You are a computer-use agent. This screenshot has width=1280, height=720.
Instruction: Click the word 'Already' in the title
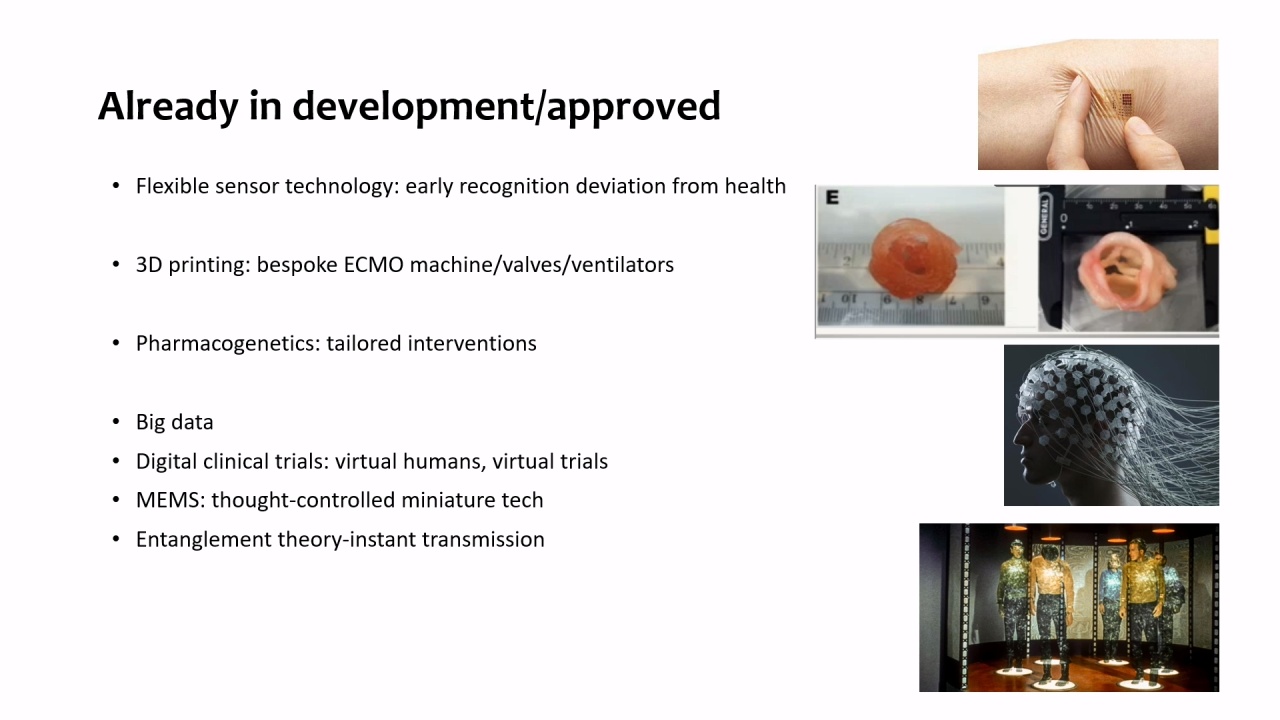click(x=168, y=107)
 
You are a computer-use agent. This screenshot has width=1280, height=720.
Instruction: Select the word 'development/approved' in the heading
click(x=506, y=107)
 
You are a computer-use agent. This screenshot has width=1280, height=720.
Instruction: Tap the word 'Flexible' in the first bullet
click(x=172, y=186)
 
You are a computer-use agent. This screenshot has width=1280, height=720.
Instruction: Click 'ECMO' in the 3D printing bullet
click(x=374, y=265)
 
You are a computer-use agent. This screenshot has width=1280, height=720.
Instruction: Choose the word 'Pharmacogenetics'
click(x=228, y=344)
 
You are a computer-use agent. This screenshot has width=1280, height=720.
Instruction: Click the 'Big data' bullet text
click(x=174, y=422)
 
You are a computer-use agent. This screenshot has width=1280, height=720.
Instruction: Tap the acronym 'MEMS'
click(x=169, y=501)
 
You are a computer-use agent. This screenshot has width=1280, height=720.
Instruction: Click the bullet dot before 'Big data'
click(x=116, y=422)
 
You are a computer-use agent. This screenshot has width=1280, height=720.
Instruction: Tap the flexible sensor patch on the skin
click(x=1118, y=103)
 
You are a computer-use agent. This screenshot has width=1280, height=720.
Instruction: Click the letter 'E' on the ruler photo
click(x=832, y=198)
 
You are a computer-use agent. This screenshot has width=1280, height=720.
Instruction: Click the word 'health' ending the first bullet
click(x=755, y=186)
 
